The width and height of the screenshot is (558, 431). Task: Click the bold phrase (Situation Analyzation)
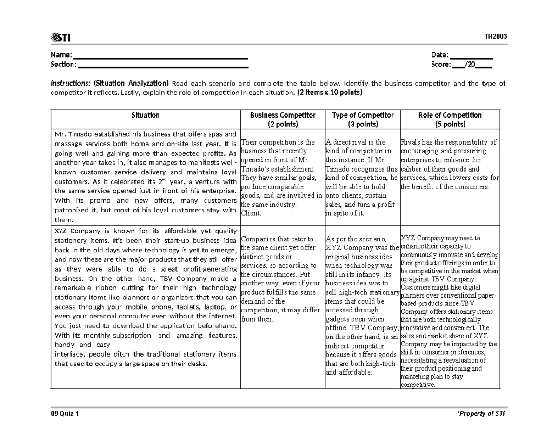131,84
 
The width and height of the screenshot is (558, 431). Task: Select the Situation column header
145,115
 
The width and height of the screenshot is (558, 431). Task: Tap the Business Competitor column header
283,115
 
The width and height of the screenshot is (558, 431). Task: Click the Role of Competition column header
449,115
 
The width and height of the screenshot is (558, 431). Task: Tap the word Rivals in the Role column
411,142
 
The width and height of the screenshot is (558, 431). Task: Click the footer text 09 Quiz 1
65,414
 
